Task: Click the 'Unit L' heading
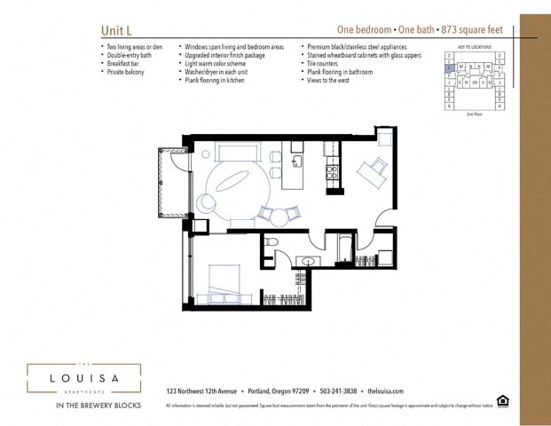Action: click(x=117, y=30)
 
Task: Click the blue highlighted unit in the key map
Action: click(x=450, y=67)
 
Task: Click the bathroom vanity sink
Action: click(x=308, y=261)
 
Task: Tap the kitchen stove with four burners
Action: click(x=332, y=170)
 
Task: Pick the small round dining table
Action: click(x=279, y=215)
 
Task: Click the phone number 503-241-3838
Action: click(x=338, y=391)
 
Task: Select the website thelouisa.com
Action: click(x=385, y=391)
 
